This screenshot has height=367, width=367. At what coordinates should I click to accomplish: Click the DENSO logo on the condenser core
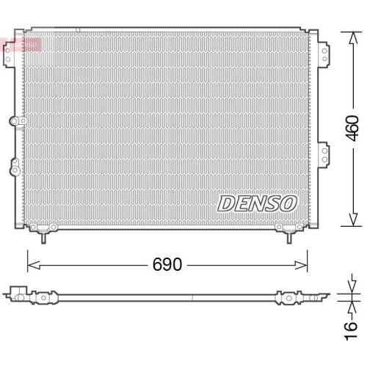[x=257, y=203]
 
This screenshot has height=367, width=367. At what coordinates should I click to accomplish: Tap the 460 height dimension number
[x=352, y=128]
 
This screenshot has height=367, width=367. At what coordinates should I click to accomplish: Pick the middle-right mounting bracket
[x=323, y=155]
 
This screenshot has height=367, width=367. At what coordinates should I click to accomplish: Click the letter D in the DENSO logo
[x=225, y=203]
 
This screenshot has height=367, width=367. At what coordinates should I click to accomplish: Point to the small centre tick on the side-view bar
[x=192, y=297]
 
